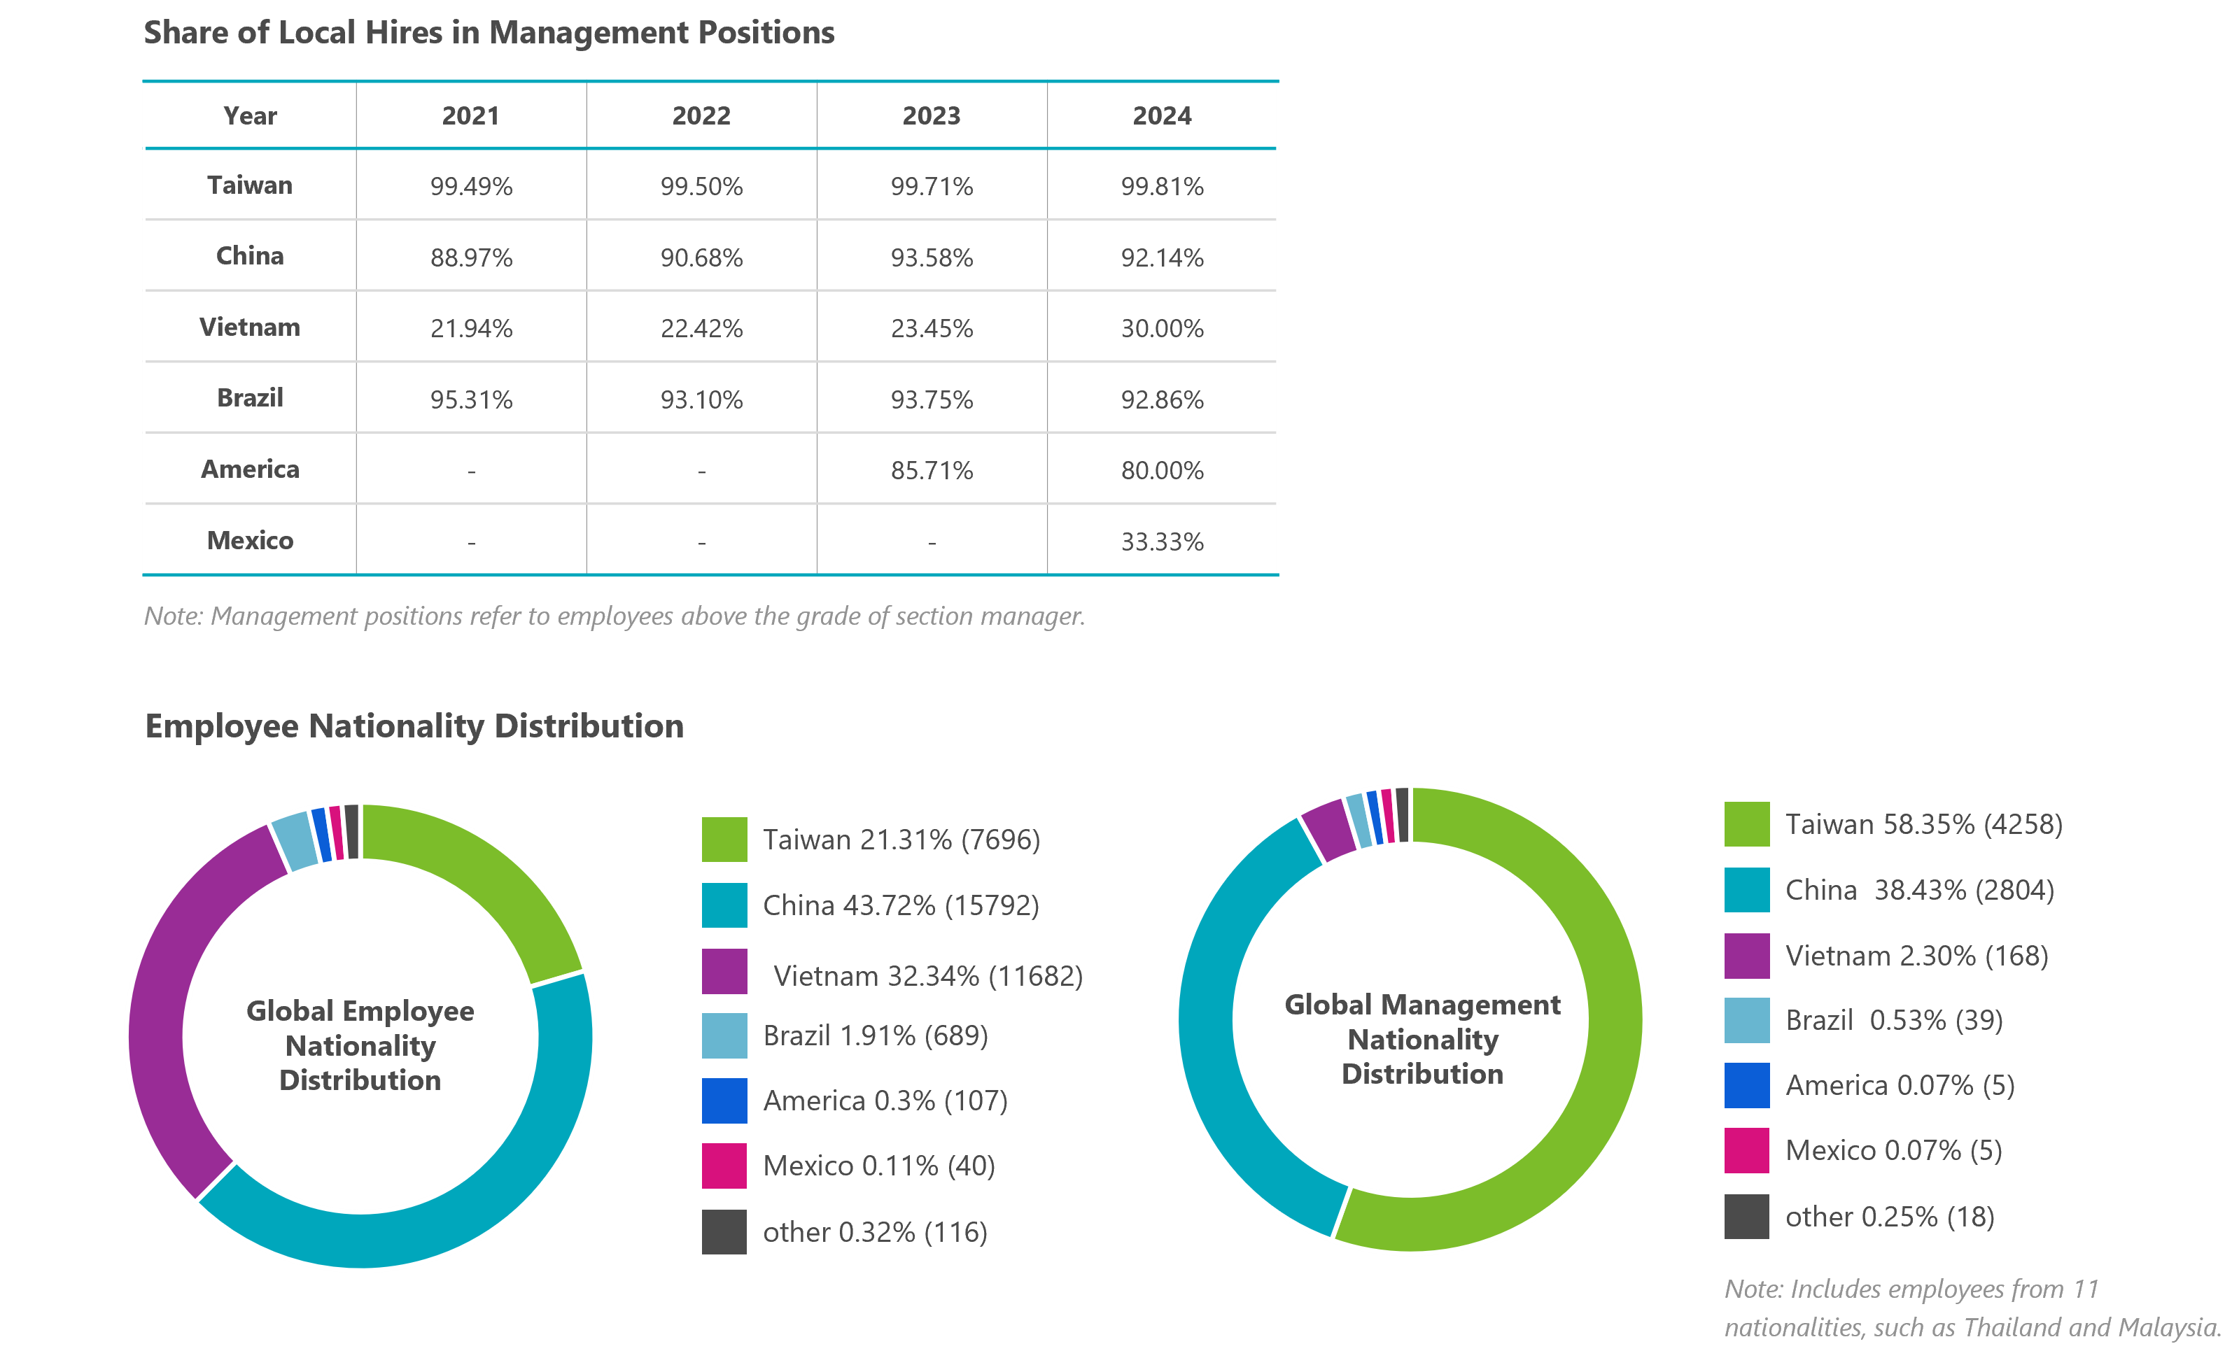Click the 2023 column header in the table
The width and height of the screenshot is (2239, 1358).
[932, 115]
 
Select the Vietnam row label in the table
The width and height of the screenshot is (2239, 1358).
[250, 327]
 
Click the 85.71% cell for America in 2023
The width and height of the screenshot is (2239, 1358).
[932, 471]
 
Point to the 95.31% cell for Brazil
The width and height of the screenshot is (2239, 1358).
[471, 399]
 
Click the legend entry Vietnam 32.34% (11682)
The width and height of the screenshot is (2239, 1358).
[927, 975]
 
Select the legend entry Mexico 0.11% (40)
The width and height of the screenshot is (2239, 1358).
[878, 1166]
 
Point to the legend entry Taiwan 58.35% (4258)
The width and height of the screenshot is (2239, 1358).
[1923, 824]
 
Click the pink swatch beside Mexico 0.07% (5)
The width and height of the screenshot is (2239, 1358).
[1746, 1151]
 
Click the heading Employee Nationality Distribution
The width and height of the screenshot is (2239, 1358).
[414, 726]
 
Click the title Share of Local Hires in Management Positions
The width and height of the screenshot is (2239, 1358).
[489, 33]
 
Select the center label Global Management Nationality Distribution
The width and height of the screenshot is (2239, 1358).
[1422, 1039]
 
